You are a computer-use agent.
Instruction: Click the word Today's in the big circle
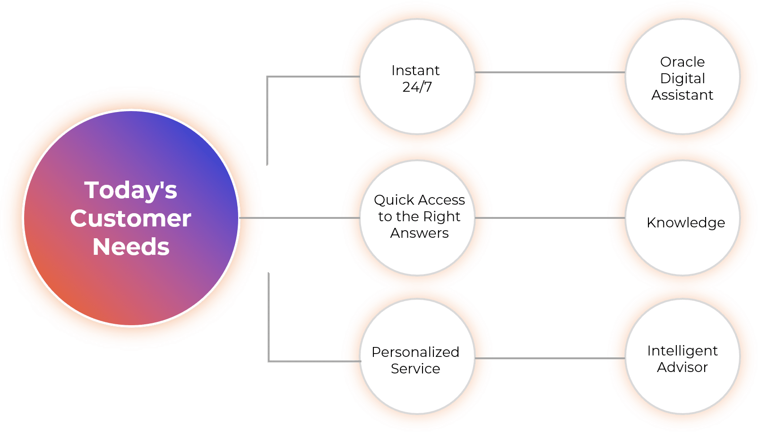point(131,191)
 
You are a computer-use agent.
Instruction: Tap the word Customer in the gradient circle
point(131,219)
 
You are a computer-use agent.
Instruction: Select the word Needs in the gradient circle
point(131,247)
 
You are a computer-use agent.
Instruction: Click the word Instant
point(415,70)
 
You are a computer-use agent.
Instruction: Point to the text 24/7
point(417,87)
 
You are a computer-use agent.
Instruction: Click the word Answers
point(419,233)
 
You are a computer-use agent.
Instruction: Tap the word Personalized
point(415,352)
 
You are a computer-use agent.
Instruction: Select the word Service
point(415,369)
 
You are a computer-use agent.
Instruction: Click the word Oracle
point(682,62)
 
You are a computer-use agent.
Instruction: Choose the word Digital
point(682,78)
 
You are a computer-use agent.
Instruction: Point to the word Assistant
point(682,95)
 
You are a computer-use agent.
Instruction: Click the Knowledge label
point(686,223)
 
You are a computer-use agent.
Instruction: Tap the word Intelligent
point(682,351)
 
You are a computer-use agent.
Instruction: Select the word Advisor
point(682,367)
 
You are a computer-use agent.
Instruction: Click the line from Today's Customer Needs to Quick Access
point(298,218)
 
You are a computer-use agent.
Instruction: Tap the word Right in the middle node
point(442,216)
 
